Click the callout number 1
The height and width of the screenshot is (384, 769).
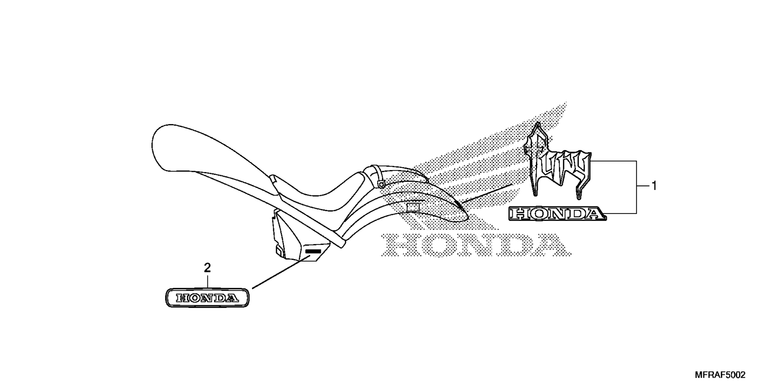[x=654, y=186]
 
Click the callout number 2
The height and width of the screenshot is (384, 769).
[x=207, y=268]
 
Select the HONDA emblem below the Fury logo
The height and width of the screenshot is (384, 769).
[x=558, y=214]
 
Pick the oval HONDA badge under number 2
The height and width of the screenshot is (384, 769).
[x=207, y=298]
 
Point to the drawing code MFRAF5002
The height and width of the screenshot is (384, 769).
[x=720, y=375]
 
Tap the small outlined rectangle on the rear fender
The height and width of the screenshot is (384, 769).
[x=413, y=207]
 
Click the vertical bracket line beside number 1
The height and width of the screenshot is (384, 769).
[x=636, y=187]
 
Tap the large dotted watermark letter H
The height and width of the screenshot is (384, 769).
[x=400, y=244]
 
